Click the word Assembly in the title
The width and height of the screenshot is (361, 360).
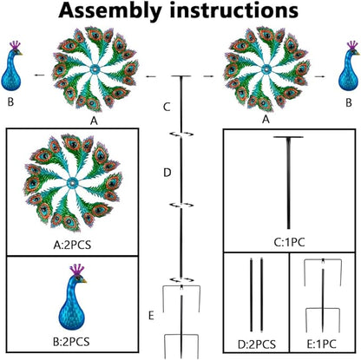point(109,10)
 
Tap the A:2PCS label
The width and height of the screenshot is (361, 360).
point(72,245)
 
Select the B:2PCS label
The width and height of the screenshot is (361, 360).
point(71,342)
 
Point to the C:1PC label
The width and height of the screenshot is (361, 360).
point(289,242)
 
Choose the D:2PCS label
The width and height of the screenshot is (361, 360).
point(257,344)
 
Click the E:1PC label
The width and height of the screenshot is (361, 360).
point(321,344)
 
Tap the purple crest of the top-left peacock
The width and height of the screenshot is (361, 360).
point(16,45)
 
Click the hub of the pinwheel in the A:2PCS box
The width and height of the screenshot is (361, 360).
point(72,183)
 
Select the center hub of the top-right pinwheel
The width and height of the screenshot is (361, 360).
point(266,69)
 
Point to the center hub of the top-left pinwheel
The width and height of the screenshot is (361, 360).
point(95,69)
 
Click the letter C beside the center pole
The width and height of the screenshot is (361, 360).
point(167,107)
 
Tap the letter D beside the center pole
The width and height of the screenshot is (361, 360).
point(167,173)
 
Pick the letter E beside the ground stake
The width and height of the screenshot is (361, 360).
point(151,316)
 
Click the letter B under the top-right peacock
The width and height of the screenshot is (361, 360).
point(349,102)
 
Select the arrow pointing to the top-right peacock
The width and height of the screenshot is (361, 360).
point(319,76)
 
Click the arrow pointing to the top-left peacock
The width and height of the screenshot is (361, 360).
point(40,75)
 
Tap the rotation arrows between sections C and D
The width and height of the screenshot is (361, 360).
point(181,134)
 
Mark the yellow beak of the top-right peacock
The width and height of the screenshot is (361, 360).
point(358,53)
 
